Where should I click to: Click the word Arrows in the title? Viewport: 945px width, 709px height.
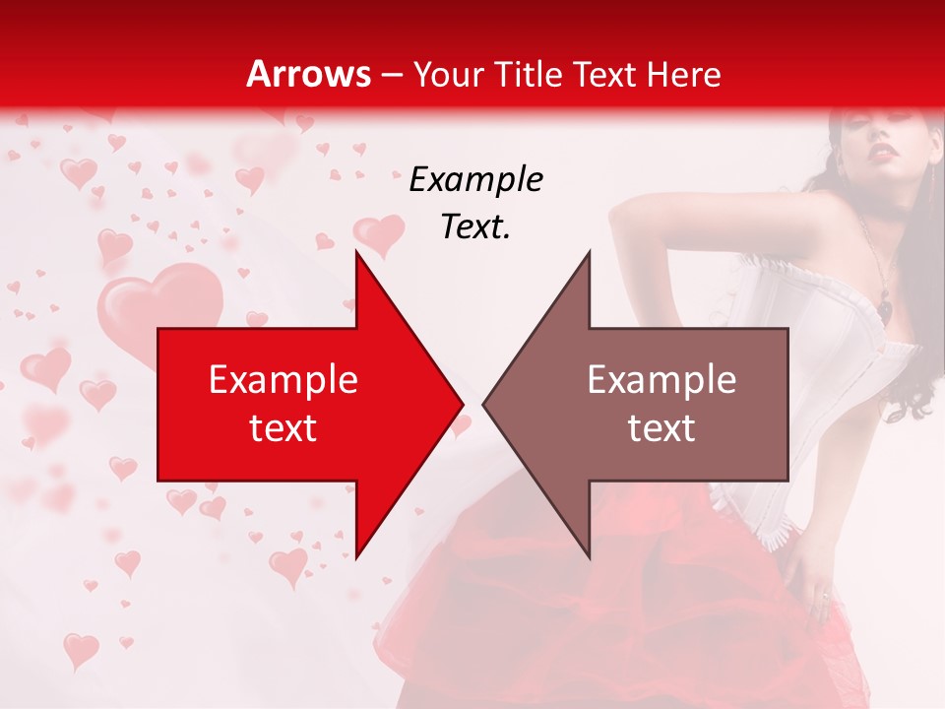(308, 74)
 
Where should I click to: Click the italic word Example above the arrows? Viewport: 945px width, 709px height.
(476, 180)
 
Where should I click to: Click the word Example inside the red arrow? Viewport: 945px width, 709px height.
(283, 379)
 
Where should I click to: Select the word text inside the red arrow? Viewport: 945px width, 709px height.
(283, 427)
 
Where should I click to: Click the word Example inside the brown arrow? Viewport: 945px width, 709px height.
(661, 379)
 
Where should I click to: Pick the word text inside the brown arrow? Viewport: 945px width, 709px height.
(661, 427)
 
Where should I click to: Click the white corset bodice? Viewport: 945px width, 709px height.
(837, 394)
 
